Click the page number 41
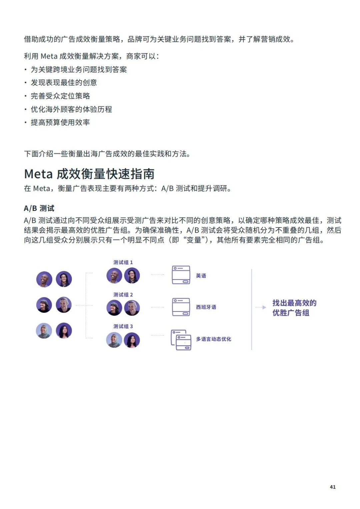(x=332, y=487)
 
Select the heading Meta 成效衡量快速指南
(x=89, y=174)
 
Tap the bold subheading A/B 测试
(x=39, y=209)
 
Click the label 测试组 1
(x=123, y=262)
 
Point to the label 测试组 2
(x=123, y=295)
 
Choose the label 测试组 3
(x=123, y=326)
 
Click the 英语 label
(x=201, y=275)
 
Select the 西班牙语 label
(x=206, y=307)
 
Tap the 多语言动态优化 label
(x=214, y=339)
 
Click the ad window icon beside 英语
(x=181, y=275)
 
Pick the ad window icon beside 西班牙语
(x=181, y=307)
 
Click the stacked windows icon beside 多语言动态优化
(x=181, y=340)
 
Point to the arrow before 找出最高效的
(x=261, y=307)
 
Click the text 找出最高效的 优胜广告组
(x=294, y=308)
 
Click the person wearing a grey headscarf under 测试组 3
(x=114, y=340)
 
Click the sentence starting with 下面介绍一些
(x=107, y=154)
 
